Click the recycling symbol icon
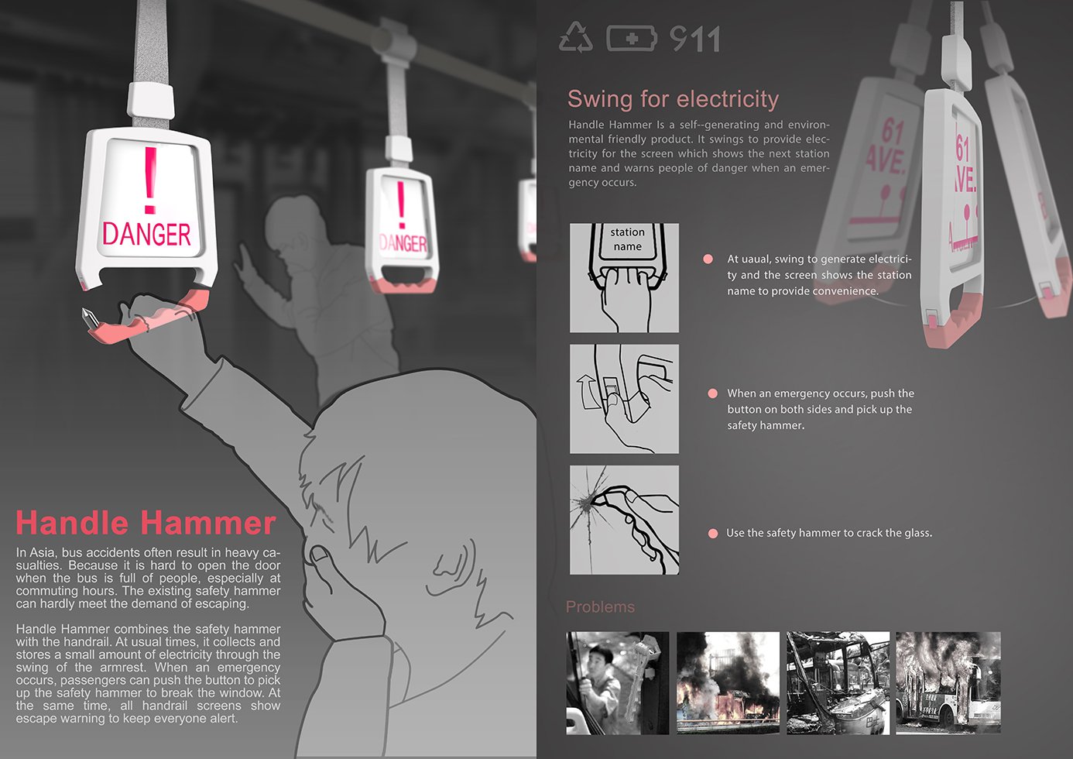click(x=576, y=37)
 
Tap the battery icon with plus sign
click(x=632, y=38)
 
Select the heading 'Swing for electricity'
click(x=673, y=99)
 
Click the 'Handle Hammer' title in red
click(x=146, y=522)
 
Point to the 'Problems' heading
click(x=600, y=606)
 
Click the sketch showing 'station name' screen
click(x=624, y=278)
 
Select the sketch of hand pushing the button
click(x=624, y=399)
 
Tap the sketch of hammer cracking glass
click(x=624, y=520)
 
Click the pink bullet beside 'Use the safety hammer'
click(x=713, y=534)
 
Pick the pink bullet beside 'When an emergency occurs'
click(x=713, y=393)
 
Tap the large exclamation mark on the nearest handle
click(x=150, y=180)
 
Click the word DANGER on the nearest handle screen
click(x=146, y=235)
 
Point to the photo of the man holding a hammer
click(x=618, y=683)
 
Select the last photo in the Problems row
click(x=948, y=683)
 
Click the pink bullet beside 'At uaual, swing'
click(x=708, y=259)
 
